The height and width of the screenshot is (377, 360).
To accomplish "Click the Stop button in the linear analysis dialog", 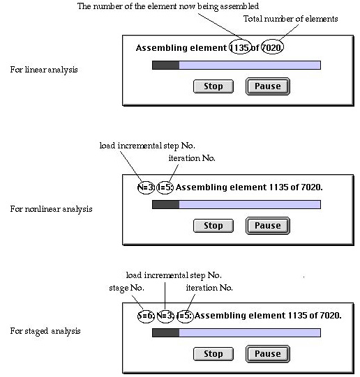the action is pyautogui.click(x=213, y=86).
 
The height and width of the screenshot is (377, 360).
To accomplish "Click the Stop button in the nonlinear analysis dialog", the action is pyautogui.click(x=213, y=226).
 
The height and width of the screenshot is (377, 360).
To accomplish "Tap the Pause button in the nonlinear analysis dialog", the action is pyautogui.click(x=268, y=226).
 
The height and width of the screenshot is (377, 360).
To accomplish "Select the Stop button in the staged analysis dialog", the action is pyautogui.click(x=213, y=354).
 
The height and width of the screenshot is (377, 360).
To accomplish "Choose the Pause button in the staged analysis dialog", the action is pyautogui.click(x=268, y=354).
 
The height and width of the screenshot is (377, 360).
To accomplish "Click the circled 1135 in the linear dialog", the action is pyautogui.click(x=240, y=47).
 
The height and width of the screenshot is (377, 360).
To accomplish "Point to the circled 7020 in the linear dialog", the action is pyautogui.click(x=272, y=47).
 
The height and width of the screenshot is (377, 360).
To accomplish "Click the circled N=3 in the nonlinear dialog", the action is pyautogui.click(x=146, y=187).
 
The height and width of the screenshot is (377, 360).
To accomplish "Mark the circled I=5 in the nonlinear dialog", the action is pyautogui.click(x=165, y=187).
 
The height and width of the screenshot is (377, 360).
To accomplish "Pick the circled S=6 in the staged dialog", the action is pyautogui.click(x=146, y=316).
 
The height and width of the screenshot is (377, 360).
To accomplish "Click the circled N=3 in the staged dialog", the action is pyautogui.click(x=165, y=316).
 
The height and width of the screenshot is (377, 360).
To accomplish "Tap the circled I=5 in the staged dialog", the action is pyautogui.click(x=185, y=316).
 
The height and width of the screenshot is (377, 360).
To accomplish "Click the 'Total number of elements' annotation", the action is pyautogui.click(x=291, y=19).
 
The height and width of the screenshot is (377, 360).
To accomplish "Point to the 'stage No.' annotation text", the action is pyautogui.click(x=126, y=288).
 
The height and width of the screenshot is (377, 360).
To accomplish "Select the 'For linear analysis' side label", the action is pyautogui.click(x=44, y=70).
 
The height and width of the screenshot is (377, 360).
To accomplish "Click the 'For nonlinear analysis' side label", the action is pyautogui.click(x=51, y=209).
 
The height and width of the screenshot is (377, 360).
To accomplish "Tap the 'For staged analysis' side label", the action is pyautogui.click(x=45, y=331).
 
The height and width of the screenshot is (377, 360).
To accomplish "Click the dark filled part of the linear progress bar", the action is pyautogui.click(x=166, y=66).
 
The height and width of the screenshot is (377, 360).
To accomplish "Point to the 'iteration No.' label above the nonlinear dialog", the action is pyautogui.click(x=192, y=158).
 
